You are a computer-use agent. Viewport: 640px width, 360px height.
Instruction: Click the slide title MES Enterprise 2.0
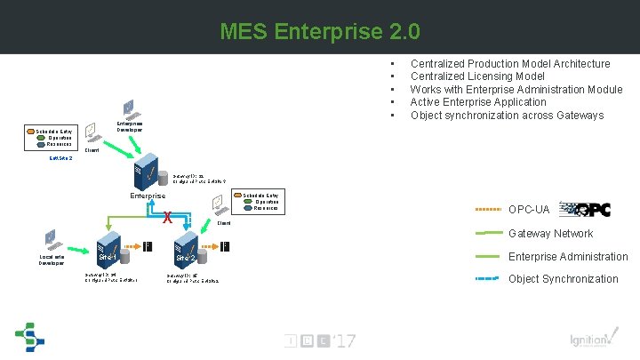[x=320, y=33]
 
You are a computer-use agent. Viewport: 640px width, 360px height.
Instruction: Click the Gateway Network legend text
[x=550, y=233]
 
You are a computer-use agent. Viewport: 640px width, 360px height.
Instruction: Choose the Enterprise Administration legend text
[x=568, y=256]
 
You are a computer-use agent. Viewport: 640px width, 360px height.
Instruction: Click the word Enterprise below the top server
[x=148, y=196]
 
